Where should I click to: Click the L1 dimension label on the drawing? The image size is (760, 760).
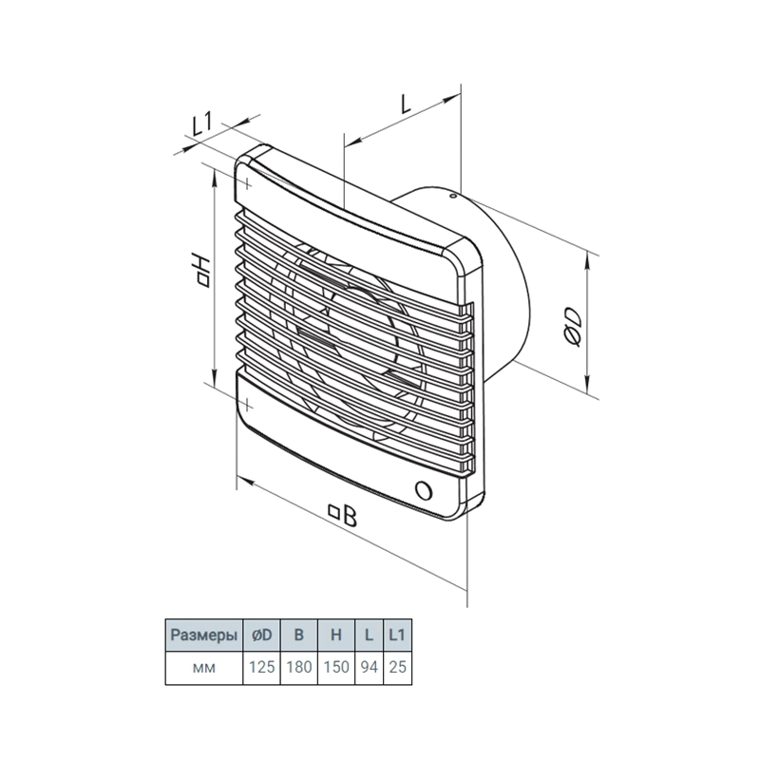tap(201, 124)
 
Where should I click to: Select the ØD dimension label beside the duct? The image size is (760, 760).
tap(573, 328)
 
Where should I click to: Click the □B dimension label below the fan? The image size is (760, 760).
tap(343, 515)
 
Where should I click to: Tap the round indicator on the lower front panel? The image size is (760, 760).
tap(424, 490)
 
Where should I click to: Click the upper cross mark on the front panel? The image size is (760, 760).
tap(247, 183)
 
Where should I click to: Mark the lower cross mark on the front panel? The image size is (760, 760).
tap(247, 403)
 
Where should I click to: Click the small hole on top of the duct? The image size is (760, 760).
tap(452, 197)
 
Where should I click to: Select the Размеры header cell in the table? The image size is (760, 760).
tap(204, 635)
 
